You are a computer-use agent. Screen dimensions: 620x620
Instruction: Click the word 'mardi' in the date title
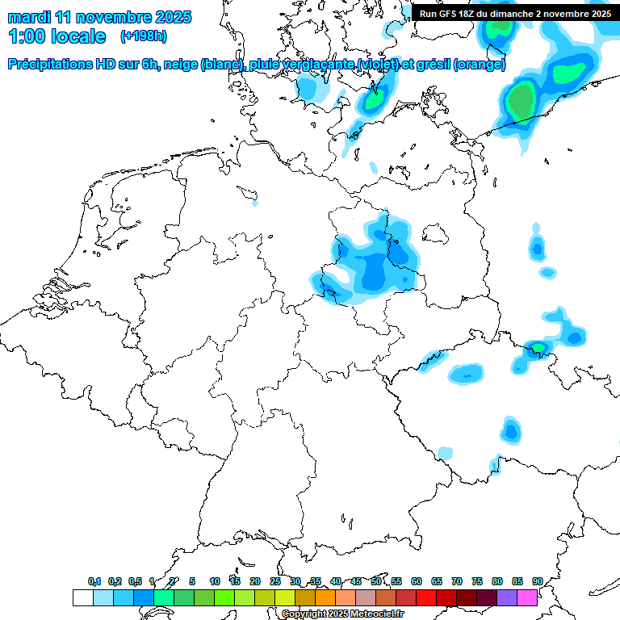28,17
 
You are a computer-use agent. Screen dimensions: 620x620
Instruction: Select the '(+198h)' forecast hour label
144,36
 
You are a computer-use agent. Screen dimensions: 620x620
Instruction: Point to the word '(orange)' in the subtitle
480,65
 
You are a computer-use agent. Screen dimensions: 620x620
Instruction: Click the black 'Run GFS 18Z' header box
515,13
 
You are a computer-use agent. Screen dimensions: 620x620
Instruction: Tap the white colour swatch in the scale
82,597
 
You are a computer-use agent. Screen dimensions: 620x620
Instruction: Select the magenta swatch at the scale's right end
527,597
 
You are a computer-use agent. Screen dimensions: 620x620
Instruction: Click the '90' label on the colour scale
537,581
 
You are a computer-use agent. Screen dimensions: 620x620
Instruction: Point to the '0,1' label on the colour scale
94,581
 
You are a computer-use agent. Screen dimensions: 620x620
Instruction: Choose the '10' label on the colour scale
215,581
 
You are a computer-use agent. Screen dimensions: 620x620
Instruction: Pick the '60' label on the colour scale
417,581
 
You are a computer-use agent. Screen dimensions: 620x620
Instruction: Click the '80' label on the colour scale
497,581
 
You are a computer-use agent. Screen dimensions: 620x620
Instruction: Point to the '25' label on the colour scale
275,581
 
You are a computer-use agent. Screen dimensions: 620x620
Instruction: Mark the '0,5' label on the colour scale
135,581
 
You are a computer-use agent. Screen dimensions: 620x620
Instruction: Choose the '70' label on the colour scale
457,581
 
